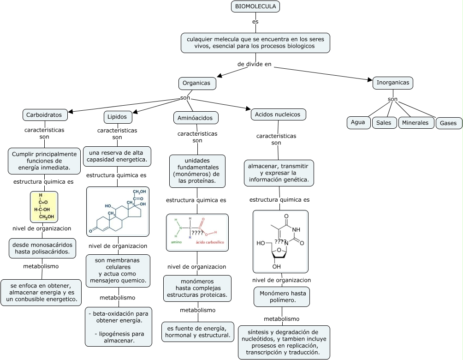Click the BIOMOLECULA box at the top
pyautogui.click(x=255, y=6)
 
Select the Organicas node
pyautogui.click(x=197, y=84)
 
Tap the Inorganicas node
pyautogui.click(x=392, y=83)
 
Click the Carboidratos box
pyautogui.click(x=45, y=115)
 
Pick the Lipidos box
pyautogui.click(x=118, y=117)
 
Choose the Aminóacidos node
pyautogui.click(x=195, y=118)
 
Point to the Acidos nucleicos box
pyautogui.click(x=278, y=114)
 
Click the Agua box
pyautogui.click(x=358, y=122)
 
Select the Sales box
pyautogui.click(x=384, y=123)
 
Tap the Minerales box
pyautogui.click(x=416, y=123)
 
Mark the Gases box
pyautogui.click(x=448, y=123)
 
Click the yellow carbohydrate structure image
pyautogui.click(x=44, y=207)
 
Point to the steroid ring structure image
pyautogui.click(x=118, y=211)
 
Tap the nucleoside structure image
pyautogui.click(x=280, y=241)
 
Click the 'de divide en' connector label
pyautogui.click(x=255, y=64)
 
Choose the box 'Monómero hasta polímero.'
pyautogui.click(x=282, y=297)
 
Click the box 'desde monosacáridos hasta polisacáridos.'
pyautogui.click(x=42, y=248)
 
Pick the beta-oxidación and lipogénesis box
pyautogui.click(x=118, y=327)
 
